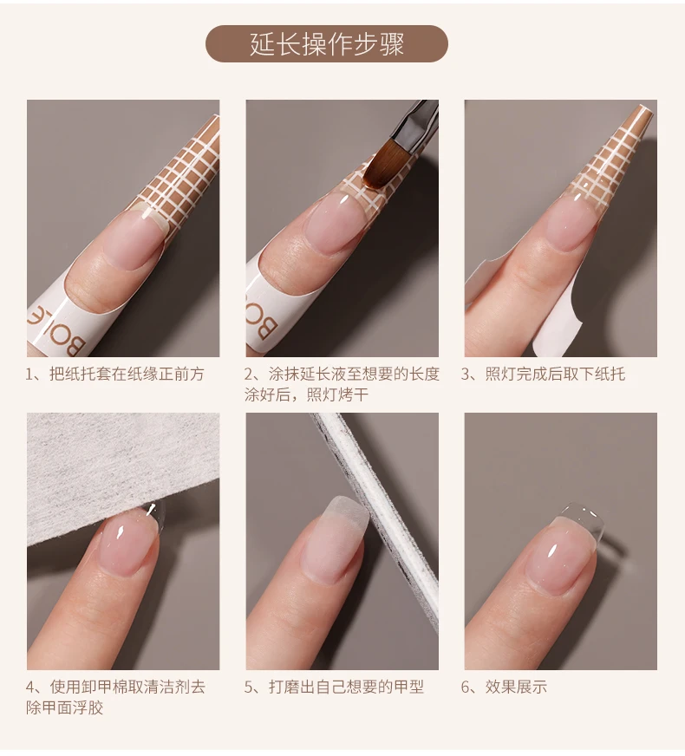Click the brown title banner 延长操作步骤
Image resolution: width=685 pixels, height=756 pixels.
(x=327, y=44)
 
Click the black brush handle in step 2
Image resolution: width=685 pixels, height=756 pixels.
(x=415, y=119)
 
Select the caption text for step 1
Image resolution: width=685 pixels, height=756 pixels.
(x=115, y=375)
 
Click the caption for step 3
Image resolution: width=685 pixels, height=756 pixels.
(x=544, y=375)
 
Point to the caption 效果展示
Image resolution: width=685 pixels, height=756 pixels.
(x=505, y=687)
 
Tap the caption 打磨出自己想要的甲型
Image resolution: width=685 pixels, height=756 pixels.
(x=334, y=687)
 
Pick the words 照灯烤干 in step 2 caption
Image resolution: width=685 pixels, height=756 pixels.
(x=337, y=395)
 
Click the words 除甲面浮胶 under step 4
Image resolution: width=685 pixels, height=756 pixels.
(x=65, y=707)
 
